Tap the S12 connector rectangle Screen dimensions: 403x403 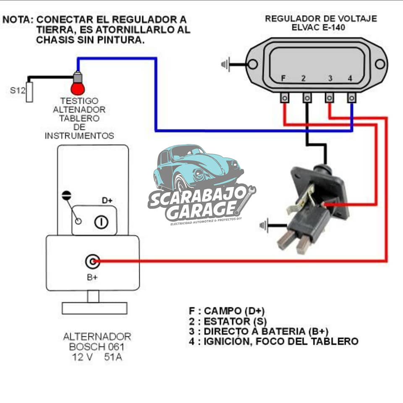(29, 92)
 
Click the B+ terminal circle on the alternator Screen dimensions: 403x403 (92, 262)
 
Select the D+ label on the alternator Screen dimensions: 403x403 (107, 201)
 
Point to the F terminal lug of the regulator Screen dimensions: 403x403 (285, 98)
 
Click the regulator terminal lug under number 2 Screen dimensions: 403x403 (307, 98)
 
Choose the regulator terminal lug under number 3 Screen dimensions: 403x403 (329, 98)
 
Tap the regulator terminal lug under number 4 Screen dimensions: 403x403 (352, 98)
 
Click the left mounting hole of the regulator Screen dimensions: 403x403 (252, 64)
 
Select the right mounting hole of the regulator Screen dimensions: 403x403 (380, 64)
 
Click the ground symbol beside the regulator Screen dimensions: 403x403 (225, 64)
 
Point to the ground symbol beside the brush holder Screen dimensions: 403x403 (264, 225)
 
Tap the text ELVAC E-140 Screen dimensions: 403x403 (318, 28)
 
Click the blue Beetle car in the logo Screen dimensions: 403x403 (198, 168)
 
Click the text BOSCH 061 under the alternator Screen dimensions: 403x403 (97, 347)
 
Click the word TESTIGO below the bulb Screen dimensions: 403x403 (79, 101)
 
